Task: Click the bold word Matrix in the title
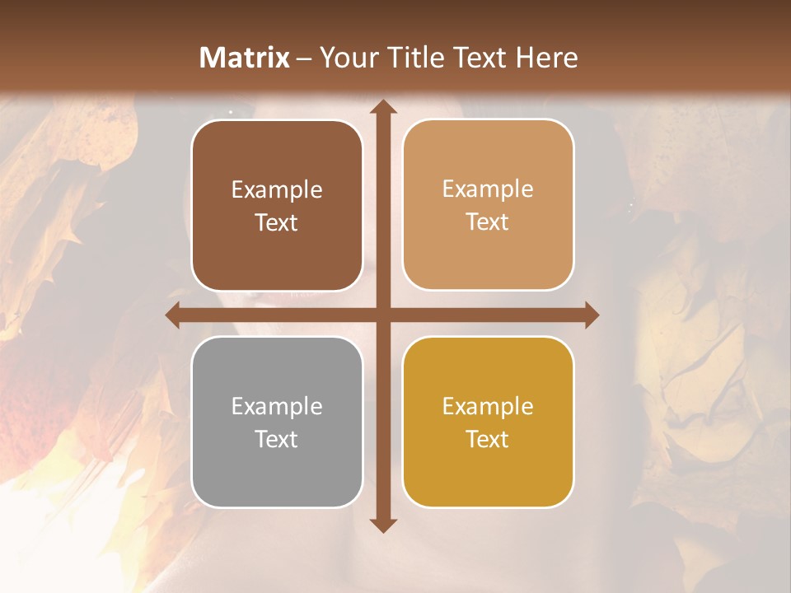point(245,58)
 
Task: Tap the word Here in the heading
point(547,58)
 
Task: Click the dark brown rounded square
point(277,206)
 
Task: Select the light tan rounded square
point(488,205)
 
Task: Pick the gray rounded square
point(277,422)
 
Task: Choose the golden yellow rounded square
point(488,422)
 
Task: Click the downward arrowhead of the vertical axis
point(382,525)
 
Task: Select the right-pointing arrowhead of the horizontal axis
point(591,315)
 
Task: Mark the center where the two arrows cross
point(382,315)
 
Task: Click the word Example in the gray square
point(277,406)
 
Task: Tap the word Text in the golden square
point(488,439)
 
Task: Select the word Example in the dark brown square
point(277,190)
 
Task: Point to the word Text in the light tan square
point(488,222)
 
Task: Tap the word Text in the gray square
point(277,439)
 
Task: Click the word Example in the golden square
point(488,406)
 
